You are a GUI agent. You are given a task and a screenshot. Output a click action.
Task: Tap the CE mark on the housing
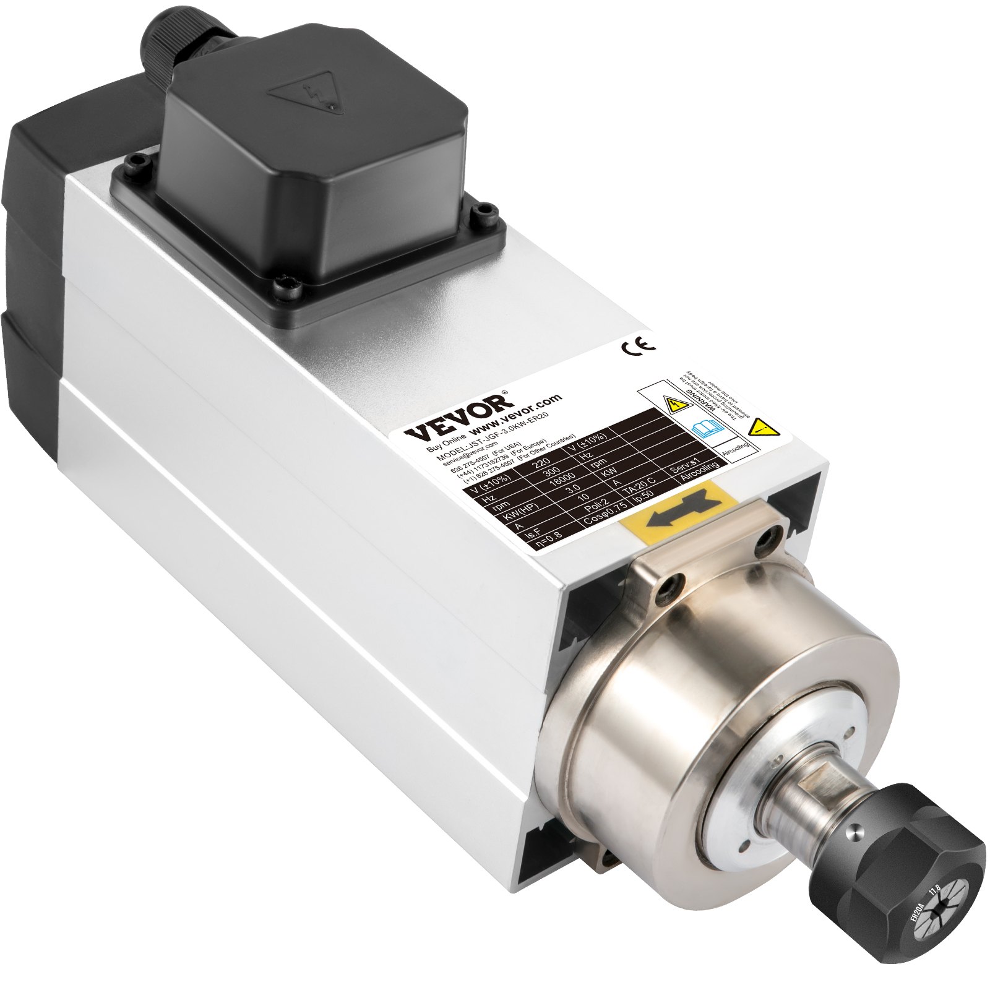[637, 346]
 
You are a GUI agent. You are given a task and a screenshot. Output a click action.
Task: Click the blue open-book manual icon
[705, 427]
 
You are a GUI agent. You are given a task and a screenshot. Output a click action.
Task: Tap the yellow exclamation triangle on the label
[762, 428]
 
